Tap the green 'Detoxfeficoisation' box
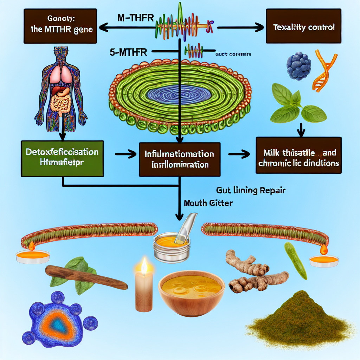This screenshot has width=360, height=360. coord(62,158)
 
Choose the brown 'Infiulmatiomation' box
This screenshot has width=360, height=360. coord(180,159)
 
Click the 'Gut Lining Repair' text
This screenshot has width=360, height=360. coord(250,191)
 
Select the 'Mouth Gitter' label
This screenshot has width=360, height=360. coord(208,203)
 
